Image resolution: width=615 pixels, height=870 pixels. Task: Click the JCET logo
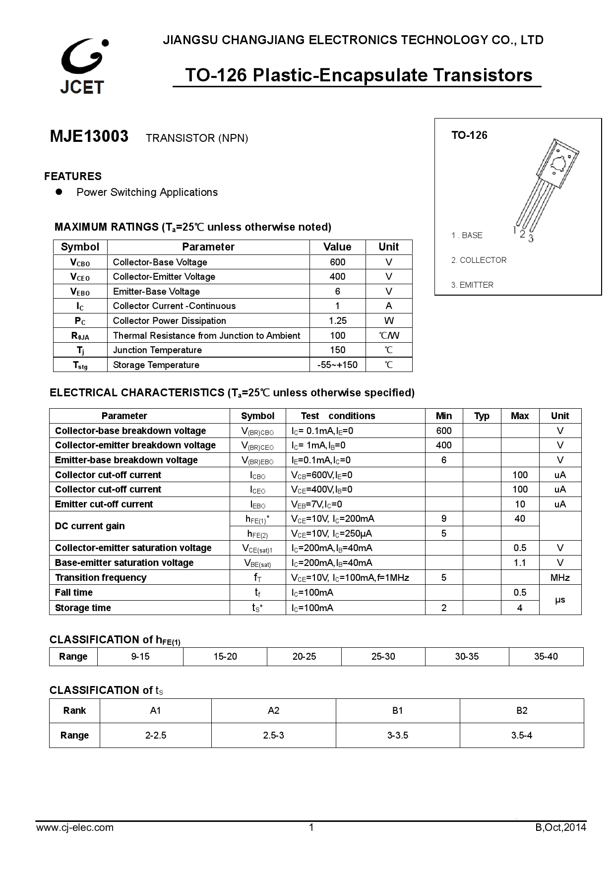[x=82, y=66]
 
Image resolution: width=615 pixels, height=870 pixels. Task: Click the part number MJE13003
[x=89, y=136]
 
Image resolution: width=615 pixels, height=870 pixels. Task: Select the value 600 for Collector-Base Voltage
[x=337, y=262]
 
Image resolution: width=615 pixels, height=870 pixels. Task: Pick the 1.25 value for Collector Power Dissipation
[x=337, y=320]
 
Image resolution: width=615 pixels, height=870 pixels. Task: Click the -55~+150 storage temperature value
[x=337, y=365]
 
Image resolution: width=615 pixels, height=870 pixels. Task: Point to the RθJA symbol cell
[x=80, y=336]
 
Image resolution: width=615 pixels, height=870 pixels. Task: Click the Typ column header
[x=481, y=416]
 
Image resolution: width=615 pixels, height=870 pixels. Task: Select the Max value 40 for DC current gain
[x=519, y=518]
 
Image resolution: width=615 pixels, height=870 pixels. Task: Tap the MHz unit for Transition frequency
[x=559, y=577]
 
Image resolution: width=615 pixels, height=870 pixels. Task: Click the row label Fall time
[x=74, y=592]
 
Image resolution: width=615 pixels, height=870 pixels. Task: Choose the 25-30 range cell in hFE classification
[x=383, y=656]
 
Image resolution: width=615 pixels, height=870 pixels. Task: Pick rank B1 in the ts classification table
[x=397, y=710]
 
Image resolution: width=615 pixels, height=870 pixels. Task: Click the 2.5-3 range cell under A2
[x=273, y=735]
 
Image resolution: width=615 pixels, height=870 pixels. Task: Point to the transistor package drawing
[x=547, y=188]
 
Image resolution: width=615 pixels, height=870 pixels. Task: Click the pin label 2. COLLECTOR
[x=479, y=260]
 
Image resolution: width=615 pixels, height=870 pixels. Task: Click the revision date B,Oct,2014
[x=560, y=827]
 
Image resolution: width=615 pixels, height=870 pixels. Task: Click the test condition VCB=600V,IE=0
[x=321, y=475]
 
